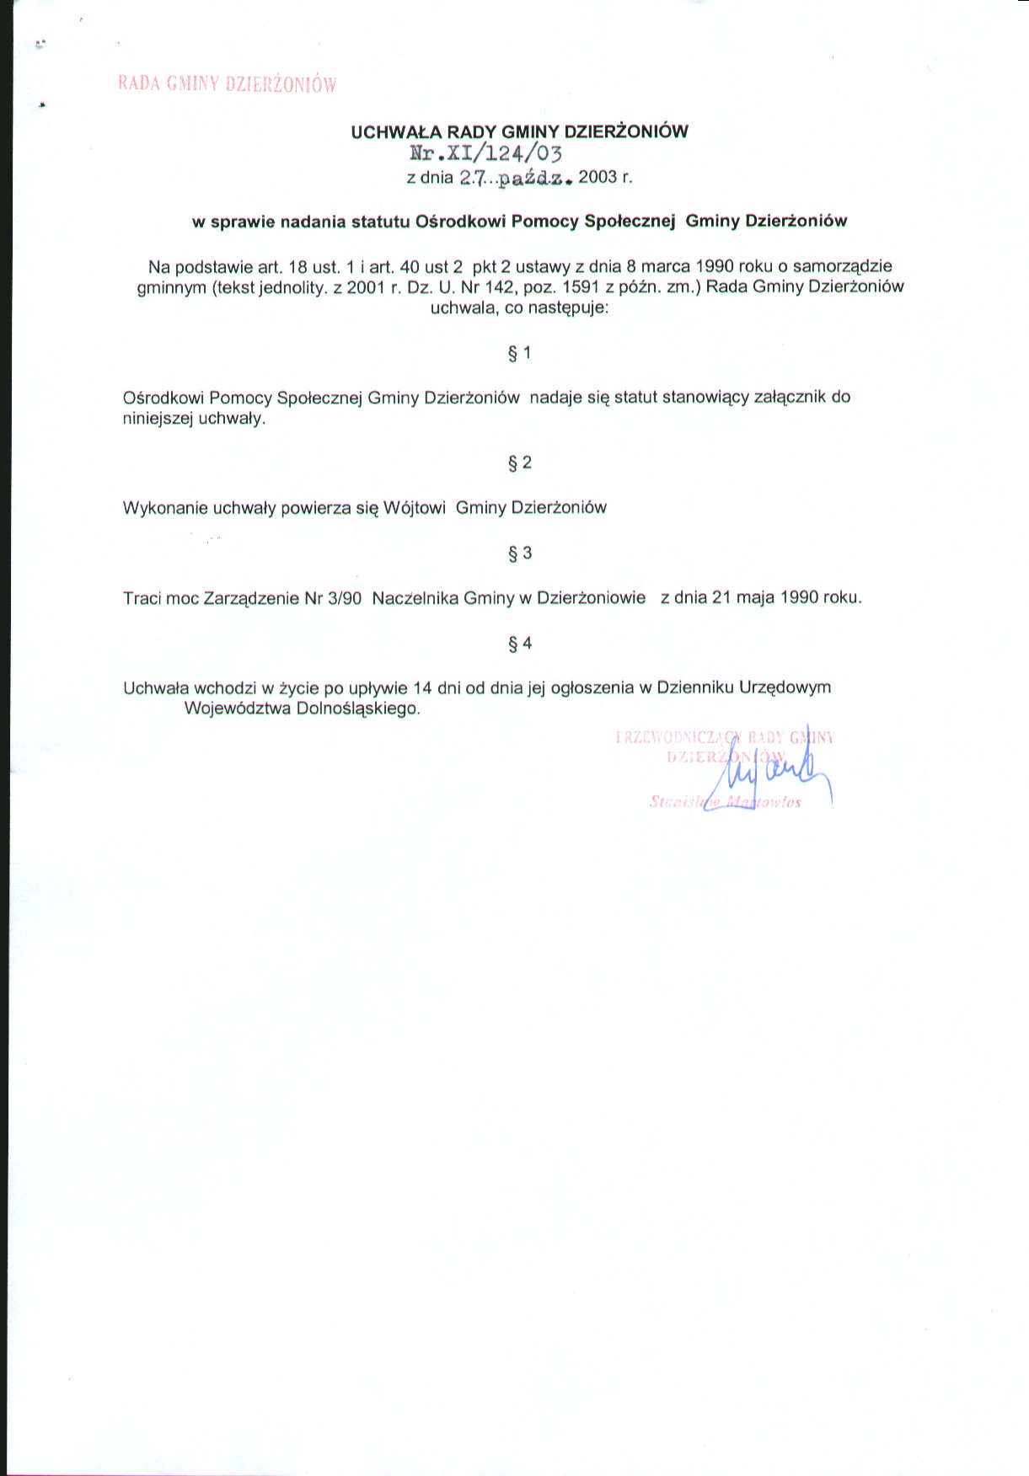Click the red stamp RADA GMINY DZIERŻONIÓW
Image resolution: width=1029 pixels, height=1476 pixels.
point(227,83)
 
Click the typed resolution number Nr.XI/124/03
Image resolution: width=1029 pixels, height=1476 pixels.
point(485,153)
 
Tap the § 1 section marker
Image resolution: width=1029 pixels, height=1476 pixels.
point(519,353)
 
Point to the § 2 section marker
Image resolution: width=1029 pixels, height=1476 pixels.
point(519,463)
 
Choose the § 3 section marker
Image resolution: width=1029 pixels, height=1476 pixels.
point(519,553)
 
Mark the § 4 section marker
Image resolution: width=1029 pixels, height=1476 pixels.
point(519,644)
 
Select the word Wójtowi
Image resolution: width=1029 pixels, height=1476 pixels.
point(415,508)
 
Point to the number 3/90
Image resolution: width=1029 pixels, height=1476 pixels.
point(345,598)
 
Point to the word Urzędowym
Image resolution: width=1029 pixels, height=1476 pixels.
point(785,687)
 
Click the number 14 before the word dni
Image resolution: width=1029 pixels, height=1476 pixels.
point(423,687)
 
